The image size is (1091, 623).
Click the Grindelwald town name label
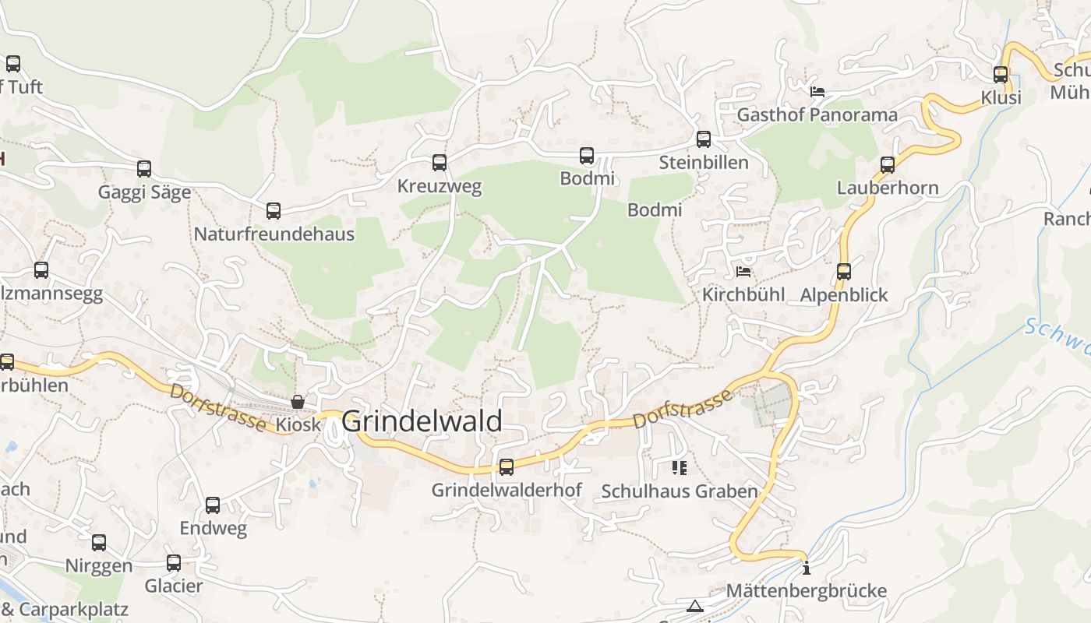pos(422,421)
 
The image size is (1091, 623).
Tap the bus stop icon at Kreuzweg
pos(440,163)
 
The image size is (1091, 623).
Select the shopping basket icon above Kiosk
pos(298,402)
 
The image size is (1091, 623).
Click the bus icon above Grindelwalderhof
pos(507,467)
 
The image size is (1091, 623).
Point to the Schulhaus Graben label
pos(680,491)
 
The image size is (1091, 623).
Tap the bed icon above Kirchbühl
pos(743,272)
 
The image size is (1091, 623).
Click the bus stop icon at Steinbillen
pos(704,139)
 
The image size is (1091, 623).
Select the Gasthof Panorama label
pos(817,115)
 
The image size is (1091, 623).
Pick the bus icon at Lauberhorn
pos(888,165)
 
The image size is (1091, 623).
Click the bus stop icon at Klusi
pos(1001,75)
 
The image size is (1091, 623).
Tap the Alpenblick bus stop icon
pos(844,272)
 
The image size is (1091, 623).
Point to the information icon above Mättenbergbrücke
pos(807,568)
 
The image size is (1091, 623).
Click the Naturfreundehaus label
pos(274,234)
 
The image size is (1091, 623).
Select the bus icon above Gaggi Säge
pos(144,169)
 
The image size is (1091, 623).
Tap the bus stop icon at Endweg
pos(213,505)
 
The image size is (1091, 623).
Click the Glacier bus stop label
pos(174,586)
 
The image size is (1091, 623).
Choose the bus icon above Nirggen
pos(99,543)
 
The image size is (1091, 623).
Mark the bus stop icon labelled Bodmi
pos(587,156)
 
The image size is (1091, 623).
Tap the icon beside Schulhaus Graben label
pos(679,467)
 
